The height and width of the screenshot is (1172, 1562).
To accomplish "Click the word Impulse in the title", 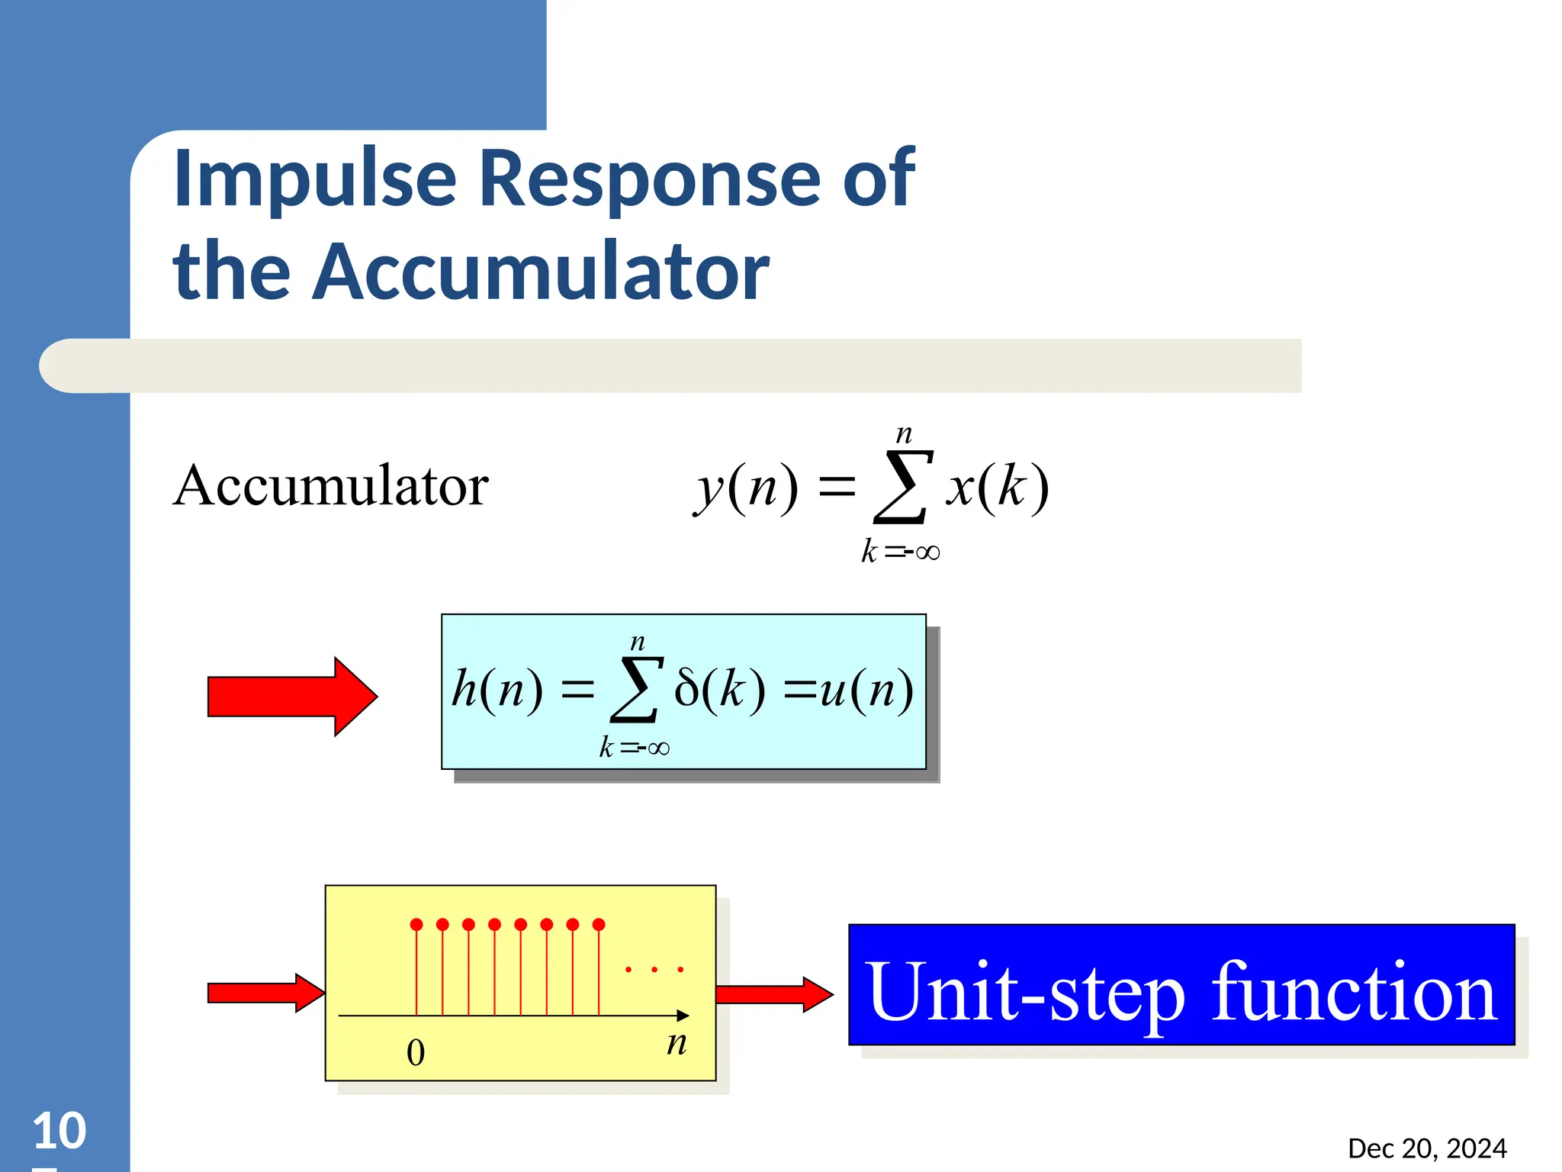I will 314,179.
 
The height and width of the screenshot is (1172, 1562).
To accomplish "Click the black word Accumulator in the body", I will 330,486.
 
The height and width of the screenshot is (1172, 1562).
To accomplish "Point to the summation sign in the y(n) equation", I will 902,487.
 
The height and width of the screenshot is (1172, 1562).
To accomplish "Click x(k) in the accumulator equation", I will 998,487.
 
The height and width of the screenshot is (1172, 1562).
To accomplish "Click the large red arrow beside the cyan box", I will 293,697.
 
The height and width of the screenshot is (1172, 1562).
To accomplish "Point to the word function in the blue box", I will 1354,993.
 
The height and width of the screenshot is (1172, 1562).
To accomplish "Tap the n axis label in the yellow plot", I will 677,1042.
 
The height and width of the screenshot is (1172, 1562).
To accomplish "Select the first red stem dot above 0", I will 416,925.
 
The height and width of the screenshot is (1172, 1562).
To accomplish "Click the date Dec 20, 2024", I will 1427,1148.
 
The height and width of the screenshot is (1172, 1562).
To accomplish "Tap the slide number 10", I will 59,1131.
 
